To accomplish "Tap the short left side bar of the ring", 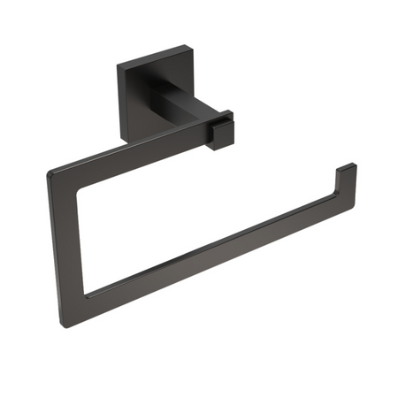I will (66, 234).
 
